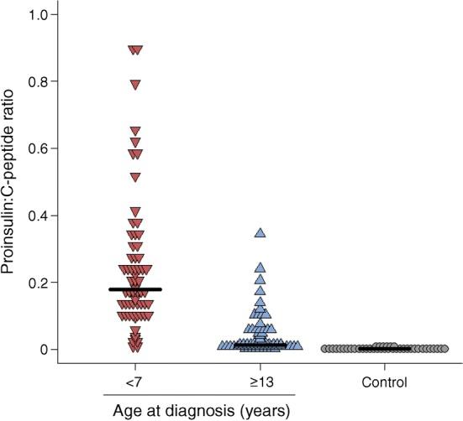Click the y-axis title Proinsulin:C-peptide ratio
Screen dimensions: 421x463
coord(14,182)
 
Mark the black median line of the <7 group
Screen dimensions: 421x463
coord(134,289)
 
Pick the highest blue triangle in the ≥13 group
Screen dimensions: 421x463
coord(260,232)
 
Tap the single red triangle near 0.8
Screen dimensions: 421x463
coord(134,84)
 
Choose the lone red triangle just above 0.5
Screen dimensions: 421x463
coord(134,177)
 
